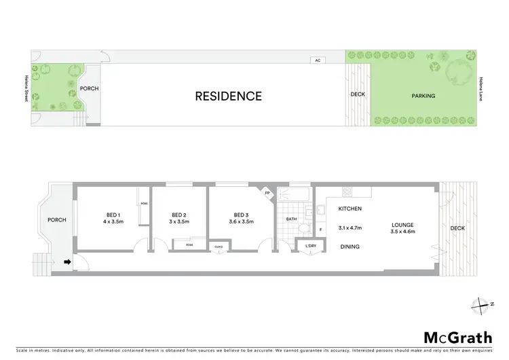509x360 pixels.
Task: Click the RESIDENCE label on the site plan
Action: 228,96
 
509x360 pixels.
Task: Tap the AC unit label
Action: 317,60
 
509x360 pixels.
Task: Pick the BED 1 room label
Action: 113,213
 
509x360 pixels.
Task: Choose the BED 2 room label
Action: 179,213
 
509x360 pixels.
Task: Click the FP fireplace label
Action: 267,194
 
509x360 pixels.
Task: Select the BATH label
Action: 291,219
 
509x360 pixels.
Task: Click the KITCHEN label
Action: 350,209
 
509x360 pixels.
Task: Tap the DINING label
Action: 350,247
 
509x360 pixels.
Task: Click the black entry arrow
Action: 67,261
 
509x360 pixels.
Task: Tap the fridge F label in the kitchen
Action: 320,230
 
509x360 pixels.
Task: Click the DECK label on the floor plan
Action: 457,228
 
